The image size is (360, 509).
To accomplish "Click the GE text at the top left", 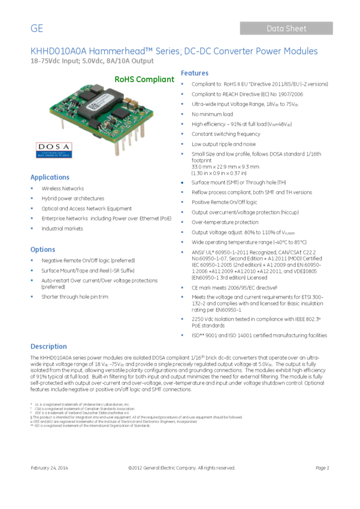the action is click(37, 29).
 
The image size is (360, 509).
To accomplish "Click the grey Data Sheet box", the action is click(286, 28).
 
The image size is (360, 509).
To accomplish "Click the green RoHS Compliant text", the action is click(144, 79).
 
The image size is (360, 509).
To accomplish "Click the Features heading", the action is click(195, 73).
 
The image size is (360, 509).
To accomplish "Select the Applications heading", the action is click(50, 177).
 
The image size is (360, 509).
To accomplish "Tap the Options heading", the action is click(43, 249).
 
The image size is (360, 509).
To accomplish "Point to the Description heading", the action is click(49, 346).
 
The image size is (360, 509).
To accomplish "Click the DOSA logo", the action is click(53, 149).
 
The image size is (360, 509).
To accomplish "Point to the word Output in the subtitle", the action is click(143, 61).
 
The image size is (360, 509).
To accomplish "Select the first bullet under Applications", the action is click(32, 188).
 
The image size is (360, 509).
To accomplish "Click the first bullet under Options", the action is click(32, 260).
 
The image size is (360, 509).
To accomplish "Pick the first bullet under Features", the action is click(181, 84).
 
